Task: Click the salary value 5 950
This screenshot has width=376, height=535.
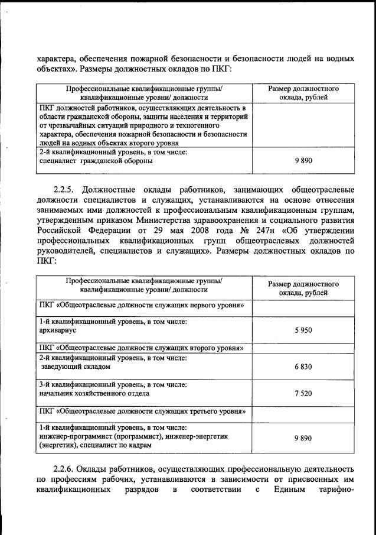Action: (303, 330)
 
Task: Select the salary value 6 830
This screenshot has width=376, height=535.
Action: (303, 367)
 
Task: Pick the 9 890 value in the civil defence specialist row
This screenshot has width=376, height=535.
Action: (303, 160)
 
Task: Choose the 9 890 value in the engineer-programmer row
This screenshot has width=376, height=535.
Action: (303, 438)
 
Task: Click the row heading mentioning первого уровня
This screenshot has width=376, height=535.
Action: (142, 305)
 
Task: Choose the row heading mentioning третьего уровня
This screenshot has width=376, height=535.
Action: (142, 411)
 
